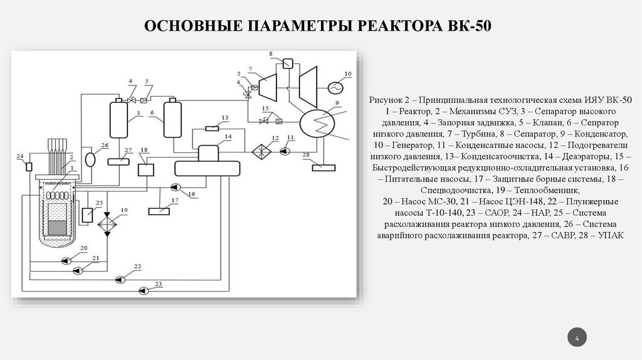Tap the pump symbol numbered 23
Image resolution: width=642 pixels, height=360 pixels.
[x=143, y=290]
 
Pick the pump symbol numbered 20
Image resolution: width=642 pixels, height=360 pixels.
[x=65, y=260]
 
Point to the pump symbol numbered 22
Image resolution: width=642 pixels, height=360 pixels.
[x=119, y=278]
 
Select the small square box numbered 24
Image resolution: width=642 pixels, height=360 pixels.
[x=29, y=166]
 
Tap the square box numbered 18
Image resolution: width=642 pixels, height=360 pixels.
[x=145, y=169]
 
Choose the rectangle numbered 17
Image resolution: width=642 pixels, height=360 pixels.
[x=159, y=211]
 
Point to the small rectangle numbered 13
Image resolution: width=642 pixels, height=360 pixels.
[x=213, y=128]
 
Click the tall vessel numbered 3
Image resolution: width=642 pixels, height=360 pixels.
[x=118, y=117]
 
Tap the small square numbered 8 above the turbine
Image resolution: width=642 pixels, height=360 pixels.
[x=288, y=63]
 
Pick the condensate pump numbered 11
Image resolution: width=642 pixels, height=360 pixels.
[x=286, y=151]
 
